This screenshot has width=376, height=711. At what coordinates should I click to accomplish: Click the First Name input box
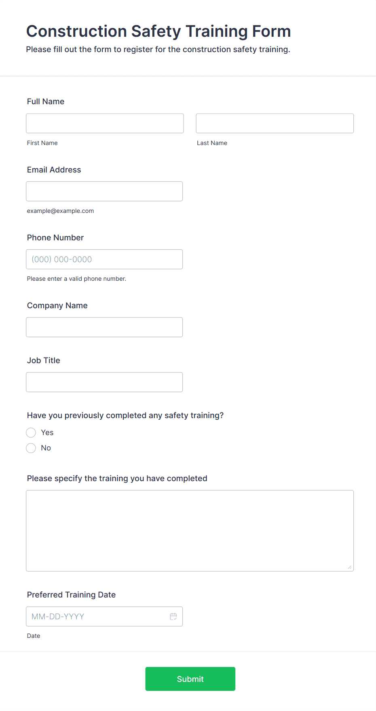105,123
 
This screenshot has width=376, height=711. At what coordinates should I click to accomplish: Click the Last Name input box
275,123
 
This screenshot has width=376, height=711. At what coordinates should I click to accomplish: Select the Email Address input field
104,191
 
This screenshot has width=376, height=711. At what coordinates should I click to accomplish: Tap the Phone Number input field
104,259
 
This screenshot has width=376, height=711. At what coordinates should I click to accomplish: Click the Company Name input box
104,327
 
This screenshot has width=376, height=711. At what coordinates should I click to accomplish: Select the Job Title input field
104,382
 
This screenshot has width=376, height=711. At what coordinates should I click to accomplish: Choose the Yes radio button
31,433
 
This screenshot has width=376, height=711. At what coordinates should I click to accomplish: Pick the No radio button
31,448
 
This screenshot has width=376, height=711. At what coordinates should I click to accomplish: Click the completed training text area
190,530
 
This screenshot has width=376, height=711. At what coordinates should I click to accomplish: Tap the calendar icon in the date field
173,616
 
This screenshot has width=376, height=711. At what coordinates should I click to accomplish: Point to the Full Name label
46,101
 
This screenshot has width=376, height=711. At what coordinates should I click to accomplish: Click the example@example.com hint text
60,211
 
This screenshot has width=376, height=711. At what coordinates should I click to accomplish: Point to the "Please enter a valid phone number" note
76,279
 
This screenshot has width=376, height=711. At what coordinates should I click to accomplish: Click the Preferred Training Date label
71,595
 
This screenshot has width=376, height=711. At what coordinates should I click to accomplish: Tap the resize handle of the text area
350,567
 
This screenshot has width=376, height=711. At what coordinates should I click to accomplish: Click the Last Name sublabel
212,143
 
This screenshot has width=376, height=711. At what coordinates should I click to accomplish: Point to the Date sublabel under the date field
34,636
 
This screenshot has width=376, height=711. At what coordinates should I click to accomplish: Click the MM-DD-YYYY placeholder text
58,616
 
